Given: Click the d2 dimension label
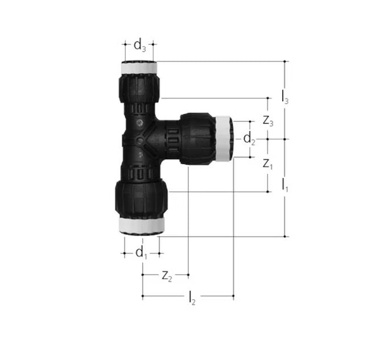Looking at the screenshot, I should coord(249,138).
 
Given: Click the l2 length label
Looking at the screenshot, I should coord(192,297).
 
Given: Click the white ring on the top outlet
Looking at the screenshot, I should coord(139,67).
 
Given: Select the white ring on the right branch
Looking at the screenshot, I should coord(223,138).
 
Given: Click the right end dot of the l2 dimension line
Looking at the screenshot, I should coord(233,296).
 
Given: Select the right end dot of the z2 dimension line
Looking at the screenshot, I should coord(188,276).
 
